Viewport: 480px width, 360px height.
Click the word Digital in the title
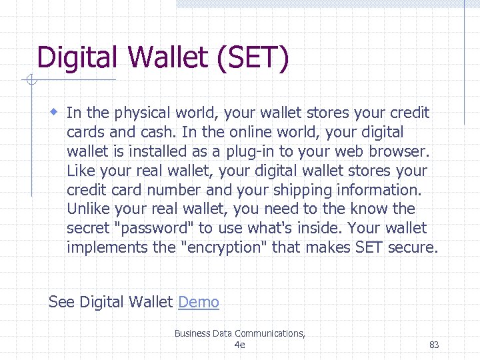(73, 58)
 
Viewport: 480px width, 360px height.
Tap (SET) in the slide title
(253, 58)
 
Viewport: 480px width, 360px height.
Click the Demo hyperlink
(199, 302)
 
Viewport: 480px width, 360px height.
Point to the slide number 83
(434, 345)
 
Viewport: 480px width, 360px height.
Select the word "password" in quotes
(155, 228)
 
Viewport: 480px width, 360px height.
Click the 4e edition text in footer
(240, 345)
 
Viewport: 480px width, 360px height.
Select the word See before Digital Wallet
(61, 302)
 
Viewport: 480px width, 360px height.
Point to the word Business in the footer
(192, 333)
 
